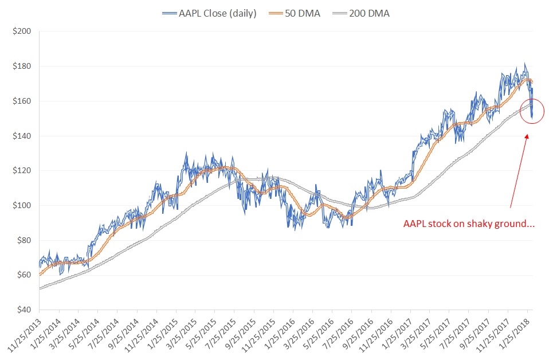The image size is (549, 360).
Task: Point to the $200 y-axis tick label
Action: point(22,32)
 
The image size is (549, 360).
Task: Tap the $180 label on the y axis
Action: point(22,66)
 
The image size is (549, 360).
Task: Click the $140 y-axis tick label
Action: point(22,136)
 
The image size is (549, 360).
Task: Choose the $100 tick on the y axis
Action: point(22,205)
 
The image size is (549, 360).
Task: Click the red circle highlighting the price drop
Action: point(532,112)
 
